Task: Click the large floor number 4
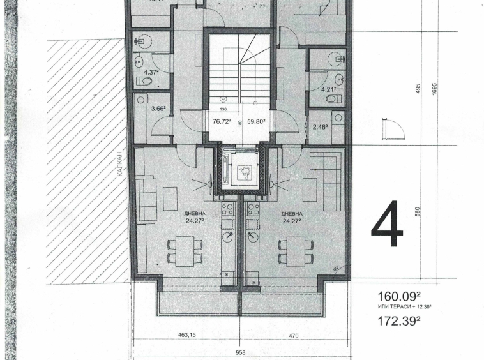pyautogui.click(x=387, y=225)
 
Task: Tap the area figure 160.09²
pyautogui.click(x=400, y=296)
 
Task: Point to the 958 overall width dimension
pyautogui.click(x=241, y=352)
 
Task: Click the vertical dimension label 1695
pyautogui.click(x=434, y=87)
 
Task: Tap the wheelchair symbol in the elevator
pyautogui.click(x=243, y=171)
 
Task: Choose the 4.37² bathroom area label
pyautogui.click(x=151, y=72)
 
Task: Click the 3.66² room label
pyautogui.click(x=158, y=109)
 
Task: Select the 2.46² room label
pyautogui.click(x=320, y=127)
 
